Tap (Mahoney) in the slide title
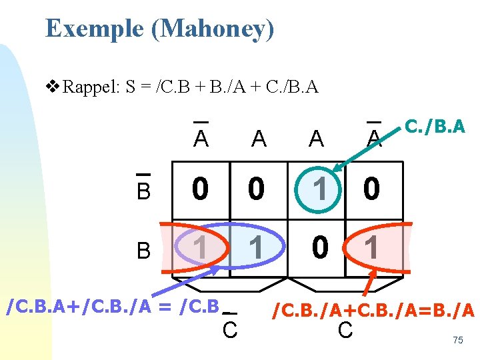pyautogui.click(x=213, y=29)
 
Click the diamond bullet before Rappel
pyautogui.click(x=51, y=87)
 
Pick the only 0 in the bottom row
pyautogui.click(x=320, y=247)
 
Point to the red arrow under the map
pyautogui.click(x=368, y=281)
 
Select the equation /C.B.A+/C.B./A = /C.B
pyautogui.click(x=112, y=308)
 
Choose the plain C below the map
pyautogui.click(x=345, y=329)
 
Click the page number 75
pyautogui.click(x=457, y=340)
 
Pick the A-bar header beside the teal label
pyautogui.click(x=375, y=137)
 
